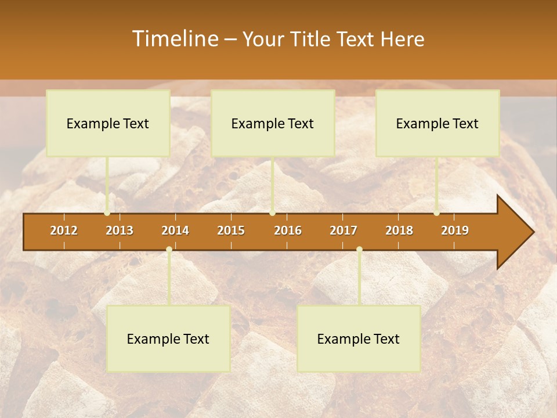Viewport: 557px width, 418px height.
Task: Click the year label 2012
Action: pyautogui.click(x=64, y=230)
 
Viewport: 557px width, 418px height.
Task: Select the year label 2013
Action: pyautogui.click(x=120, y=230)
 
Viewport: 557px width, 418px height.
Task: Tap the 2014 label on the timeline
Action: pyautogui.click(x=175, y=230)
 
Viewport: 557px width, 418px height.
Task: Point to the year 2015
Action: pyautogui.click(x=231, y=230)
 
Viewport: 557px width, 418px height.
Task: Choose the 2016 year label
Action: pyautogui.click(x=288, y=230)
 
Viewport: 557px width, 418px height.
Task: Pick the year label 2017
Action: pyautogui.click(x=343, y=230)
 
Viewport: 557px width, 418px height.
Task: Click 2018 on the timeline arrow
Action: pyautogui.click(x=399, y=230)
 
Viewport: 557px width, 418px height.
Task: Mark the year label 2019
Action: pyautogui.click(x=455, y=230)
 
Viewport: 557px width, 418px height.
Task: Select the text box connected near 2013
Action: pyautogui.click(x=108, y=123)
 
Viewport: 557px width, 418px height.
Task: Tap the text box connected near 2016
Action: pyautogui.click(x=273, y=123)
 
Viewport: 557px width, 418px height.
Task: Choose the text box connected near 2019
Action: pyautogui.click(x=437, y=123)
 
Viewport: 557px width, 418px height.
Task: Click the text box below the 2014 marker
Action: pyautogui.click(x=168, y=339)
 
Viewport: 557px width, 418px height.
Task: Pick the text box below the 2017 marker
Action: pyautogui.click(x=359, y=339)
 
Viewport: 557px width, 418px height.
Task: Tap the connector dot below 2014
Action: pyautogui.click(x=169, y=250)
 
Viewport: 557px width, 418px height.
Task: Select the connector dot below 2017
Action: pyautogui.click(x=359, y=250)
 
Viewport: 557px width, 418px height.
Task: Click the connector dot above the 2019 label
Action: pyautogui.click(x=436, y=213)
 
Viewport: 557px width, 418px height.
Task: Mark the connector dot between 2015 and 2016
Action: pyautogui.click(x=272, y=213)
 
